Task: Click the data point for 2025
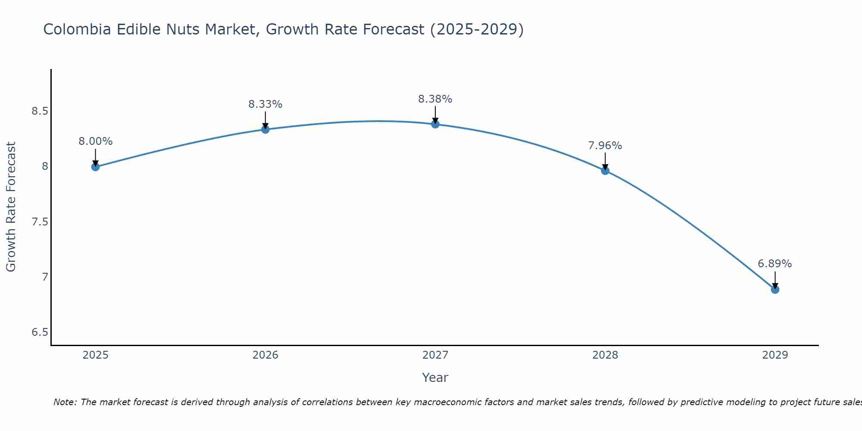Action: [x=96, y=167]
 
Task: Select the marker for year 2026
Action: [x=265, y=129]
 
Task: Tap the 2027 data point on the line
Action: [x=435, y=124]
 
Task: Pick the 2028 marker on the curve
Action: [x=605, y=171]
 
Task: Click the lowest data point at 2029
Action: [x=775, y=290]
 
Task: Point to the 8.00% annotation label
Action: [x=96, y=141]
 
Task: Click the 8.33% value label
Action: [x=265, y=104]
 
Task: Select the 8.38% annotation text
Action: [x=435, y=99]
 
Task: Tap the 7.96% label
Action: [x=605, y=146]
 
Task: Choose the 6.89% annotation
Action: [x=775, y=264]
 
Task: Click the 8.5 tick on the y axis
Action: [x=40, y=111]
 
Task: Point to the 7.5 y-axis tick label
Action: [x=40, y=222]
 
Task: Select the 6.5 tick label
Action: [x=40, y=332]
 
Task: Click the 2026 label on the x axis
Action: [x=265, y=355]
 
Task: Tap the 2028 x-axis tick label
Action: [x=605, y=355]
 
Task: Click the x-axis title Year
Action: [x=435, y=378]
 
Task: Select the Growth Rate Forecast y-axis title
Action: [x=11, y=207]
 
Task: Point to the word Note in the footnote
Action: [x=65, y=402]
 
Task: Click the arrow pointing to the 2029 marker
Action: [x=775, y=280]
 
